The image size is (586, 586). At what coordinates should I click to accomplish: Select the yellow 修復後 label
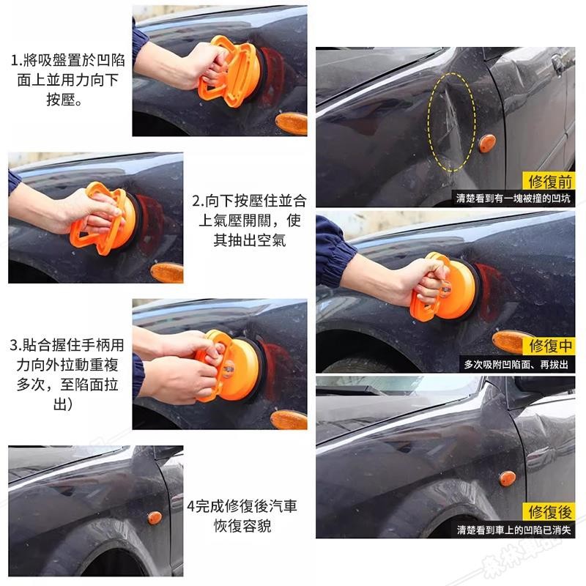549,511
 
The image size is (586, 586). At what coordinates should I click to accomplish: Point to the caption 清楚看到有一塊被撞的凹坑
513,199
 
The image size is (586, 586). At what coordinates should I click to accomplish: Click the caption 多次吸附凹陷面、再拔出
516,364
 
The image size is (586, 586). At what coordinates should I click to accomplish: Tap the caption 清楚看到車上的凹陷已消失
513,530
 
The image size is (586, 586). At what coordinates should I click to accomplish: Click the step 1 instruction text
67,80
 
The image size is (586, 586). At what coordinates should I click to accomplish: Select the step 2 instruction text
249,220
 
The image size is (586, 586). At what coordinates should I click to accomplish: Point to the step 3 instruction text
67,374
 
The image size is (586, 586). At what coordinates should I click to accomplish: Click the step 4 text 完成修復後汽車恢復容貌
242,516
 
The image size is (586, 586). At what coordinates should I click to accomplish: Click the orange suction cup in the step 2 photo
106,218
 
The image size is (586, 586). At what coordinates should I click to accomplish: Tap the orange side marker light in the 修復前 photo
487,144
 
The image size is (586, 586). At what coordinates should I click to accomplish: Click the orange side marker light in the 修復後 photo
507,478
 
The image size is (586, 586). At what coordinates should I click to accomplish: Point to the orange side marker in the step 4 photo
155,518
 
